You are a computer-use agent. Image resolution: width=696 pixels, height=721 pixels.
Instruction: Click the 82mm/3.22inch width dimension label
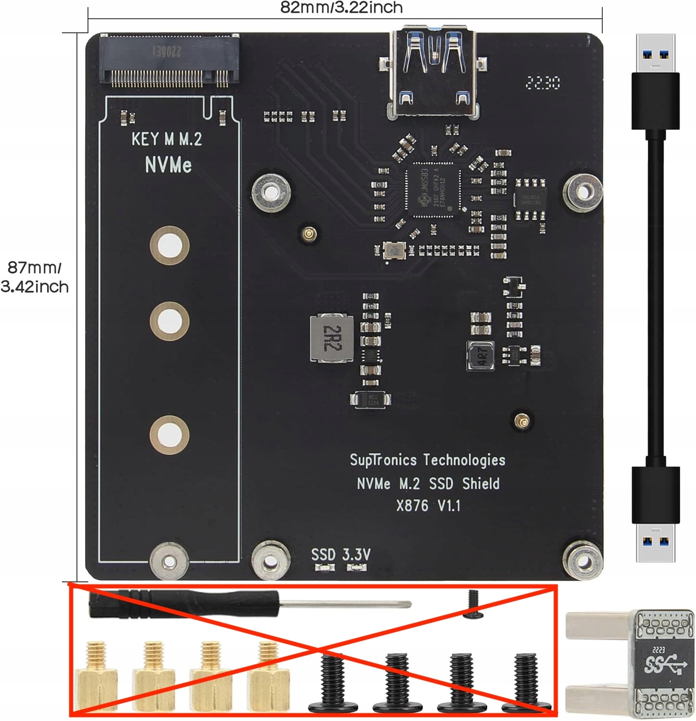342,8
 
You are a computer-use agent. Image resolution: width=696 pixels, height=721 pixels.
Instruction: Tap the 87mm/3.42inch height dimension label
35,277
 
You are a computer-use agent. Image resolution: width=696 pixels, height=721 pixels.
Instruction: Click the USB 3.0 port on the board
434,72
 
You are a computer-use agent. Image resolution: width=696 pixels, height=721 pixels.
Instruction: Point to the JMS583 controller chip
434,190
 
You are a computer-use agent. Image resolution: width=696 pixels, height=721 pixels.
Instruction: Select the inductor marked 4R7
481,356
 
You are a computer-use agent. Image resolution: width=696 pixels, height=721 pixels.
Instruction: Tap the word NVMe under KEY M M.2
168,165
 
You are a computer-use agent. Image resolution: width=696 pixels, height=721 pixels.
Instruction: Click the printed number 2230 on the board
543,83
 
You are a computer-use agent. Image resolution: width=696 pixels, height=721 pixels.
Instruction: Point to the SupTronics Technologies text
427,460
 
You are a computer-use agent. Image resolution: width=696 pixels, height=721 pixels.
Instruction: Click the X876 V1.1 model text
428,506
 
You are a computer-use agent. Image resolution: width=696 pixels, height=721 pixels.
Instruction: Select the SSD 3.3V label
341,555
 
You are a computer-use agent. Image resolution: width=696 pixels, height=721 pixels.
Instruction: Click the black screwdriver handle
183,605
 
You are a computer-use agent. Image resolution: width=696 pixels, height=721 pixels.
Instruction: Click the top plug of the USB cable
655,82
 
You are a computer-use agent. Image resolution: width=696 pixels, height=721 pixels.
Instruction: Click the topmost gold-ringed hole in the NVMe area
169,245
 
